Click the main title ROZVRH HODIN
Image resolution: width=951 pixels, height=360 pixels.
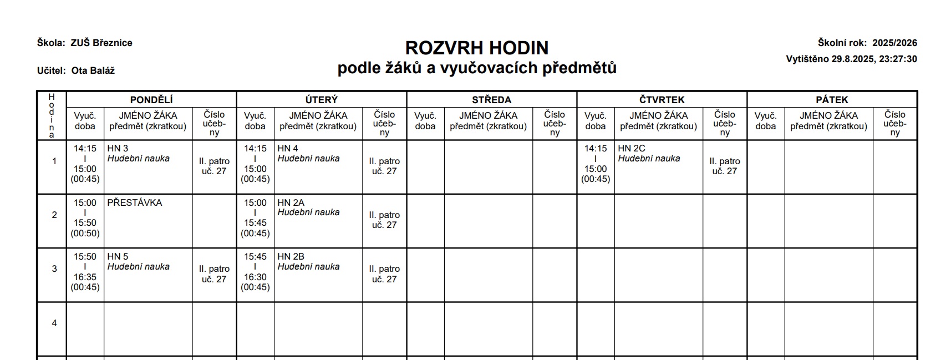tap(477, 48)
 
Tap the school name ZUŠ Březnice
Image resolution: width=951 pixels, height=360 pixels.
tap(101, 43)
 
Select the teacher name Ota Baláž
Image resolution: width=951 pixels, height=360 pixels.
tap(93, 70)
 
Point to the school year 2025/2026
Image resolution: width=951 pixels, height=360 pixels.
tap(894, 43)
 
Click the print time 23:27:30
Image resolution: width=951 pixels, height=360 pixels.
tap(898, 59)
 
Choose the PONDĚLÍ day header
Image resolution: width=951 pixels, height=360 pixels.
tap(151, 100)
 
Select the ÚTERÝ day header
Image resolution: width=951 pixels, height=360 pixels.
tap(322, 100)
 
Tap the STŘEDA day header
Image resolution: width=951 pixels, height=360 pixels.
tap(491, 100)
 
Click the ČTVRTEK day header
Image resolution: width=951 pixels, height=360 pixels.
tap(662, 100)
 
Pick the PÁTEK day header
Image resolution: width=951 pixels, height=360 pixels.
tap(832, 100)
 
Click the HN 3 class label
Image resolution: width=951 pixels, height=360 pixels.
tap(118, 148)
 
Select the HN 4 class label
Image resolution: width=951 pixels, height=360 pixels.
tap(288, 148)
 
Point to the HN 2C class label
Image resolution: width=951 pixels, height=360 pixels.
tap(632, 148)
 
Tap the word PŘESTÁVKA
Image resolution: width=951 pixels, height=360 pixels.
tap(135, 202)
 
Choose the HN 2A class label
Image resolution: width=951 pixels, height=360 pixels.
tap(291, 202)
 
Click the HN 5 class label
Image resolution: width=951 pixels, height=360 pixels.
tap(118, 256)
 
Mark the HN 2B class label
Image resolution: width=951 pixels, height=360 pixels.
tap(291, 256)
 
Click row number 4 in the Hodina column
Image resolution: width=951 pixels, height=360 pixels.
tap(54, 323)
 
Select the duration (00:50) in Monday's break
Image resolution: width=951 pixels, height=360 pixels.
tap(85, 233)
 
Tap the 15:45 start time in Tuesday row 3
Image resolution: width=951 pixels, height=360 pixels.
tap(255, 256)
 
